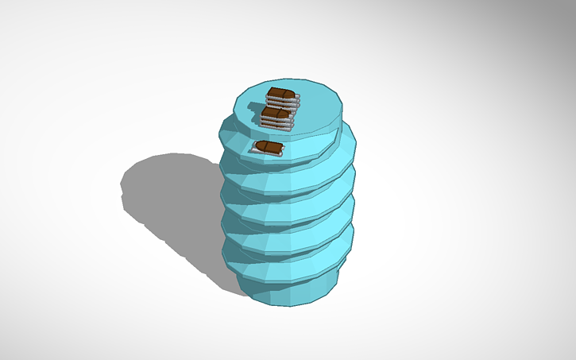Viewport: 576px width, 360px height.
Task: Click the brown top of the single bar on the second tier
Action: coord(268,147)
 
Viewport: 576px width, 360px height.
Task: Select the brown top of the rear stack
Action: coord(280,95)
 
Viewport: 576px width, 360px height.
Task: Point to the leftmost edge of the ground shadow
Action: coord(122,191)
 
